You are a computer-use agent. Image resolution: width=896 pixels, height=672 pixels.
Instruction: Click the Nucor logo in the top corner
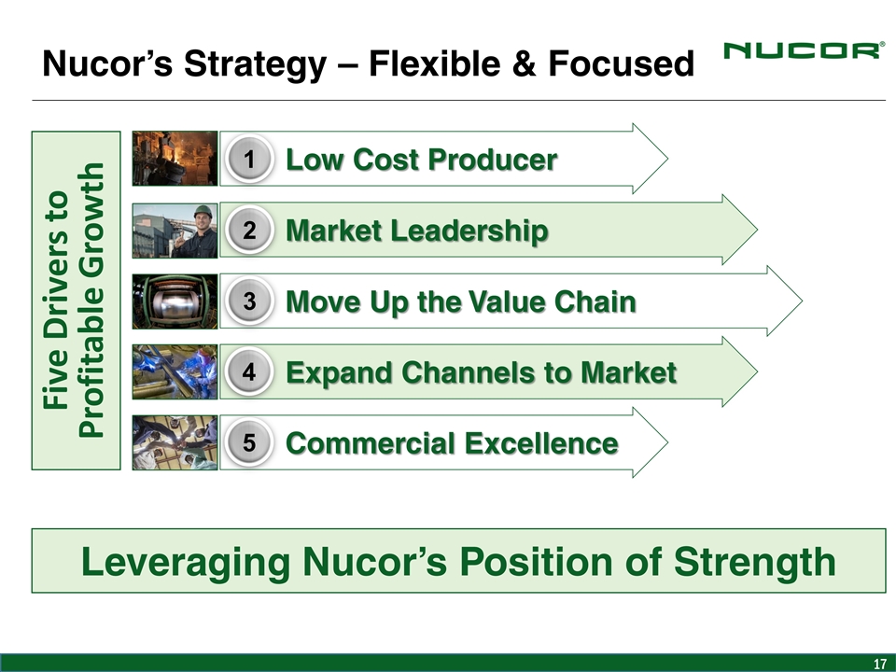click(804, 50)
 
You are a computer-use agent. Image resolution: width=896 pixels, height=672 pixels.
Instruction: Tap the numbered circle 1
click(249, 160)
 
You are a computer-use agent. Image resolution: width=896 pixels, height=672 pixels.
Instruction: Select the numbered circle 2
click(249, 231)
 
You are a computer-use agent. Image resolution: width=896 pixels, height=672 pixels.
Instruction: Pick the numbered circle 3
click(249, 301)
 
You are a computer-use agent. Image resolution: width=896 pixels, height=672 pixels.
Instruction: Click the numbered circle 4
click(249, 372)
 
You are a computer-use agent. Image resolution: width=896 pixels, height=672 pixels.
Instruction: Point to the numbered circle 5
click(249, 442)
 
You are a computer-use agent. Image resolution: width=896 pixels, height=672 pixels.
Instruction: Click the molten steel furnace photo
click(175, 159)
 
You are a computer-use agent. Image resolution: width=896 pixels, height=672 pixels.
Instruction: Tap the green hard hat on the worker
click(203, 212)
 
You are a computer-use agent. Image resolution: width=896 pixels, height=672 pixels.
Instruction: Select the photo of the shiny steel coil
click(175, 301)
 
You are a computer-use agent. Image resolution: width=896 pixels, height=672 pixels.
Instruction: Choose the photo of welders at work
click(175, 372)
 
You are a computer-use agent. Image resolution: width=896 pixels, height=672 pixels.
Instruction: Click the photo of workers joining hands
click(175, 442)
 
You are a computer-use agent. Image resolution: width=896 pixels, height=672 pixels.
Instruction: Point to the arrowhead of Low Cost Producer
click(666, 159)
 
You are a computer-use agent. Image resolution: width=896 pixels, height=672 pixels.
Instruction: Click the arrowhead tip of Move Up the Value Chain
click(803, 301)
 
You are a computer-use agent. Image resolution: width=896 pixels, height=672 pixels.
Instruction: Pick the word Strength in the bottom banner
click(754, 562)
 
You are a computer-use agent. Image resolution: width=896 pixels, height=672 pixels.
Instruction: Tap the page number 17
click(880, 664)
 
